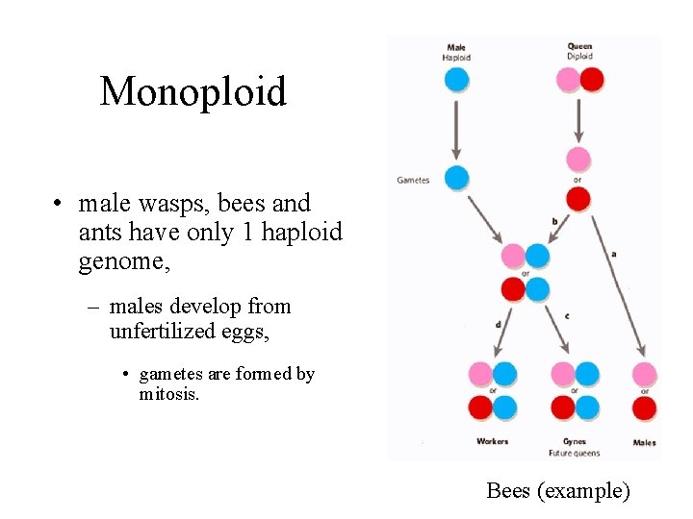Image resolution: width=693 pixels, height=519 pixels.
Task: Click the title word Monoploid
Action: (192, 92)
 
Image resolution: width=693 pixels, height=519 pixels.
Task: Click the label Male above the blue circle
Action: (456, 46)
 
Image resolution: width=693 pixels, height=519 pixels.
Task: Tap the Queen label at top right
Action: (579, 46)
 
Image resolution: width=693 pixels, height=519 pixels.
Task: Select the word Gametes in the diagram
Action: (413, 180)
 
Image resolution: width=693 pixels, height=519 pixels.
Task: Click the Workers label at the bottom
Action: (492, 442)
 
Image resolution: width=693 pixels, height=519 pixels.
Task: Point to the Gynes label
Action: (574, 442)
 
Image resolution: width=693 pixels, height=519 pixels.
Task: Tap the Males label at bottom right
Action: (644, 443)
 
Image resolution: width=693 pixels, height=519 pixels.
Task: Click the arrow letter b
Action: (554, 220)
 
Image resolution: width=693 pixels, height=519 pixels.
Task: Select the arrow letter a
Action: (614, 254)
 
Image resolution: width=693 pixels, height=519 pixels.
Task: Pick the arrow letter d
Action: (498, 325)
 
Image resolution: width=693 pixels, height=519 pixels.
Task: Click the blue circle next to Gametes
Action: (457, 177)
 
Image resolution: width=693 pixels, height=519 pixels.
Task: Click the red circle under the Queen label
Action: (592, 79)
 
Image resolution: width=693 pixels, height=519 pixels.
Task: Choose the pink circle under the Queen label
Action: (569, 79)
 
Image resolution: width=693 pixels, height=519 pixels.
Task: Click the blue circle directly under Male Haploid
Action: (457, 79)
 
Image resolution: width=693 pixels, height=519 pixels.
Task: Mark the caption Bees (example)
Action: (558, 491)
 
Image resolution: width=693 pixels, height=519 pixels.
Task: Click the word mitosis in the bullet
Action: (168, 394)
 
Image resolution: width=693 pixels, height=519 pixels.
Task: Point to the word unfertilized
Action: (165, 332)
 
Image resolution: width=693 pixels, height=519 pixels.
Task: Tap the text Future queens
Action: (575, 453)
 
